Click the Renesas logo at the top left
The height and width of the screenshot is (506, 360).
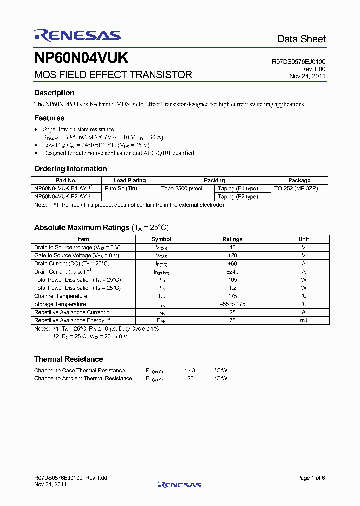pos(77,35)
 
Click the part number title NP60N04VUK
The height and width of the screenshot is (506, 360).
pos(81,58)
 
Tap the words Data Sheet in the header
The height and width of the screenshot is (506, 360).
pos(301,39)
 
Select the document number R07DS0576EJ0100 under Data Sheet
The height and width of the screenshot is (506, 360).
pos(298,62)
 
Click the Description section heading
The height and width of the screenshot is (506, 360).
pos(54,93)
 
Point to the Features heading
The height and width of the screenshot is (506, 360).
pos(49,118)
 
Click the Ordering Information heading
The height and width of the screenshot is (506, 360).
pos(70,169)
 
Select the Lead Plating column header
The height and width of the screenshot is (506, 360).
pos(129,180)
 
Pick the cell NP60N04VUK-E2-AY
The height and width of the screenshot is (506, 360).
pos(63,197)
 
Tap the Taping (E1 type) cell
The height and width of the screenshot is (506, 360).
pos(238,188)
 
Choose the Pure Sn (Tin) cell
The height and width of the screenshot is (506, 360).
pos(121,188)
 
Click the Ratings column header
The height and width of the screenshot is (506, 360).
pos(232,239)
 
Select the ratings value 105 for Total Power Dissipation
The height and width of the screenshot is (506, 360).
pos(232,280)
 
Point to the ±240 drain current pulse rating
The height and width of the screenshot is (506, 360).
pos(232,272)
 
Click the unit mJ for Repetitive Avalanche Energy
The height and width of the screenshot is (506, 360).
pos(303,320)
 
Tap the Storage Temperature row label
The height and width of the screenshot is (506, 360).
pos(60,304)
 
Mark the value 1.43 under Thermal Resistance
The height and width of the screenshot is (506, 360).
pos(189,370)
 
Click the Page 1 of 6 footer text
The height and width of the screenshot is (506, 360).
pos(311,478)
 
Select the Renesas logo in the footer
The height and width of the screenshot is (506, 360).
pos(179,485)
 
